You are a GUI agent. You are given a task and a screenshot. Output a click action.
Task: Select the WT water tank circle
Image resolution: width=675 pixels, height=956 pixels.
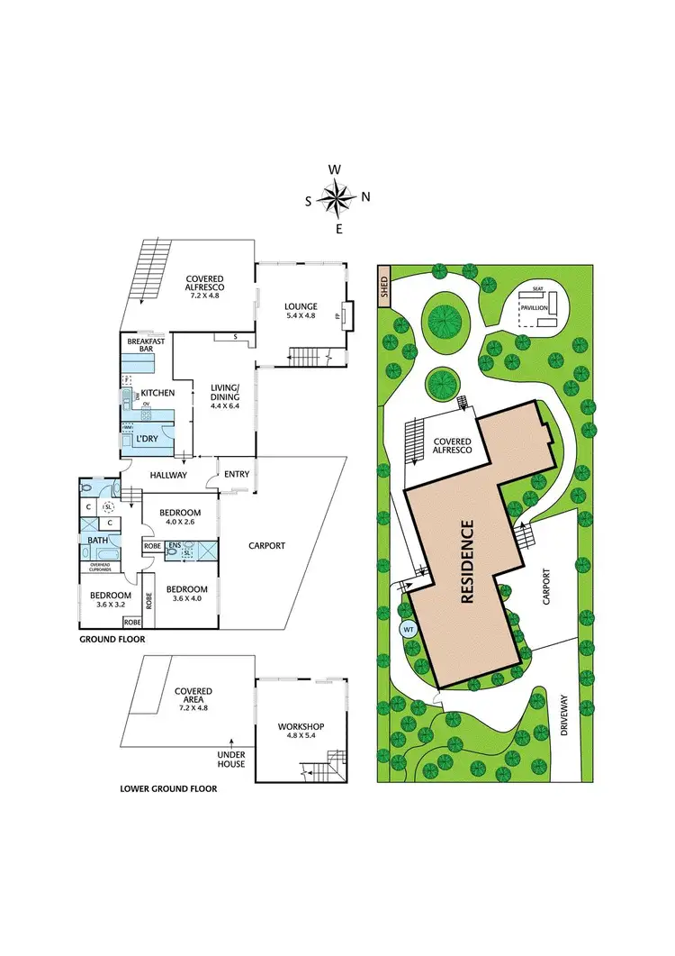point(408,629)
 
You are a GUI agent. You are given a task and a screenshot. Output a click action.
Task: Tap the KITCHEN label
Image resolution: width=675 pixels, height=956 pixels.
point(157,393)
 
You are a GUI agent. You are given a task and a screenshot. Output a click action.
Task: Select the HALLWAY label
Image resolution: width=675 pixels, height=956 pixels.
point(168,475)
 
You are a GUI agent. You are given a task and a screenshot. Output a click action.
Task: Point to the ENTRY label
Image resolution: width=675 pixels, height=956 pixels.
point(237,475)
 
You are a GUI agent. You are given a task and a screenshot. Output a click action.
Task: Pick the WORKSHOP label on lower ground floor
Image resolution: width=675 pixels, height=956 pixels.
point(300,726)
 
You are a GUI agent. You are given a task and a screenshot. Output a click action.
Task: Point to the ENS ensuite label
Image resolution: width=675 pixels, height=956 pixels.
point(174,544)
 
